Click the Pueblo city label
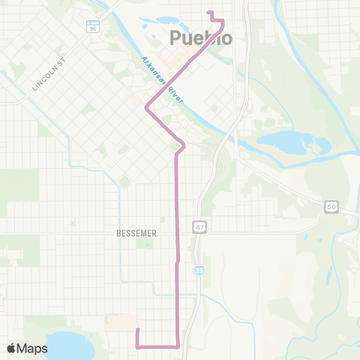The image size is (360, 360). click(x=201, y=38)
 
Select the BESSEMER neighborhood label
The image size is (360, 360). click(x=136, y=233)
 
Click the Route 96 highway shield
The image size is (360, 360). click(x=93, y=28)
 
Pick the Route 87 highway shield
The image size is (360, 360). click(x=199, y=226)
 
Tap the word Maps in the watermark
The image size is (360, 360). click(x=33, y=348)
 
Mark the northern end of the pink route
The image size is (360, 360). click(x=208, y=12)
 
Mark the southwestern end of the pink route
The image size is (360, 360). click(x=137, y=329)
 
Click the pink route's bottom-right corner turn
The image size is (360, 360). click(x=177, y=346)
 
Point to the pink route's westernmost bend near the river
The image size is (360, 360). click(x=146, y=109)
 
